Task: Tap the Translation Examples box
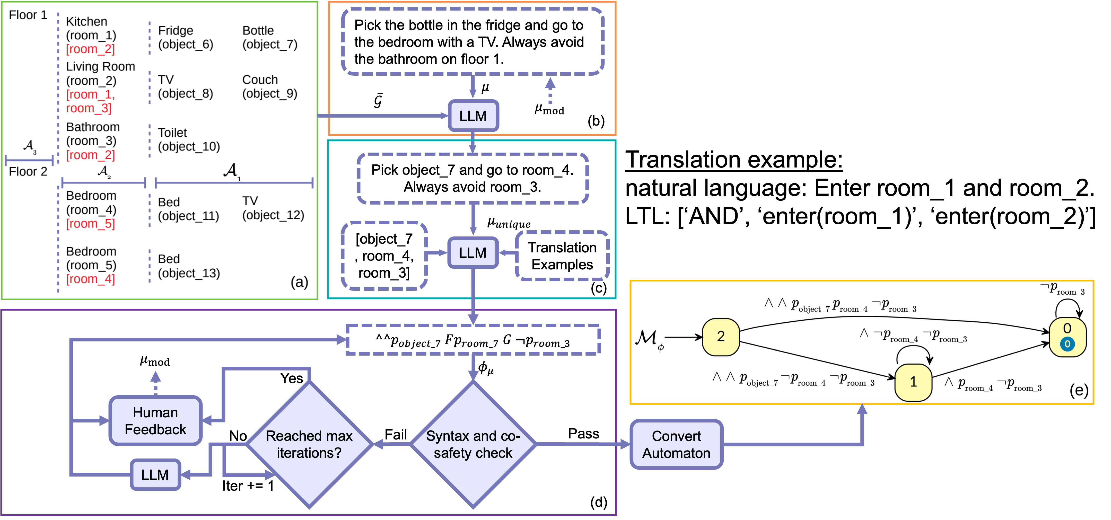562,256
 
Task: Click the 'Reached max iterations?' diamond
309,444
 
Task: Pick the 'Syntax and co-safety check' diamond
473,444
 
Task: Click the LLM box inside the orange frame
473,116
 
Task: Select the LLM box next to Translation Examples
473,253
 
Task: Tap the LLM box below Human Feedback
155,475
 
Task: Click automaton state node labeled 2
721,337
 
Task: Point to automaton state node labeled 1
913,382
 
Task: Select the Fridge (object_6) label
186,38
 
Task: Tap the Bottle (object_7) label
269,38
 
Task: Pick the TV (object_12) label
273,208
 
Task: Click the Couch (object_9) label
269,87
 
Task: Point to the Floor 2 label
28,172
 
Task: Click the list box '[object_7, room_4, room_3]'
384,256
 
